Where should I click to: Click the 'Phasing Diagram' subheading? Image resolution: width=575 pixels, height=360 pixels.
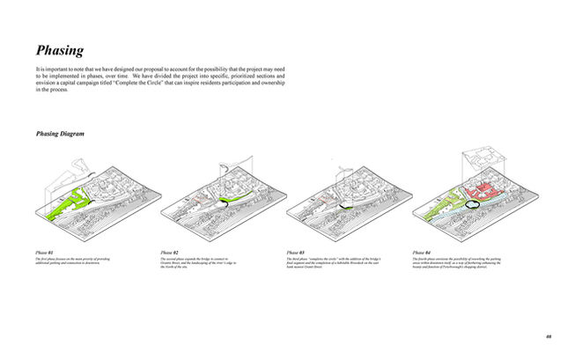(61, 134)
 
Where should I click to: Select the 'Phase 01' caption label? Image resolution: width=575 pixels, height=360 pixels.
(45, 253)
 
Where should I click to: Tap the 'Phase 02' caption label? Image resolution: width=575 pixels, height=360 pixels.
(170, 253)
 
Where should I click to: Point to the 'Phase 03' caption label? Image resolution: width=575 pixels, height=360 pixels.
(297, 253)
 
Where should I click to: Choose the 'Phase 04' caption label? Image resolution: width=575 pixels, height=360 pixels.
(422, 253)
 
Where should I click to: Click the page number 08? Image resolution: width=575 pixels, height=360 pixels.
(548, 335)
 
